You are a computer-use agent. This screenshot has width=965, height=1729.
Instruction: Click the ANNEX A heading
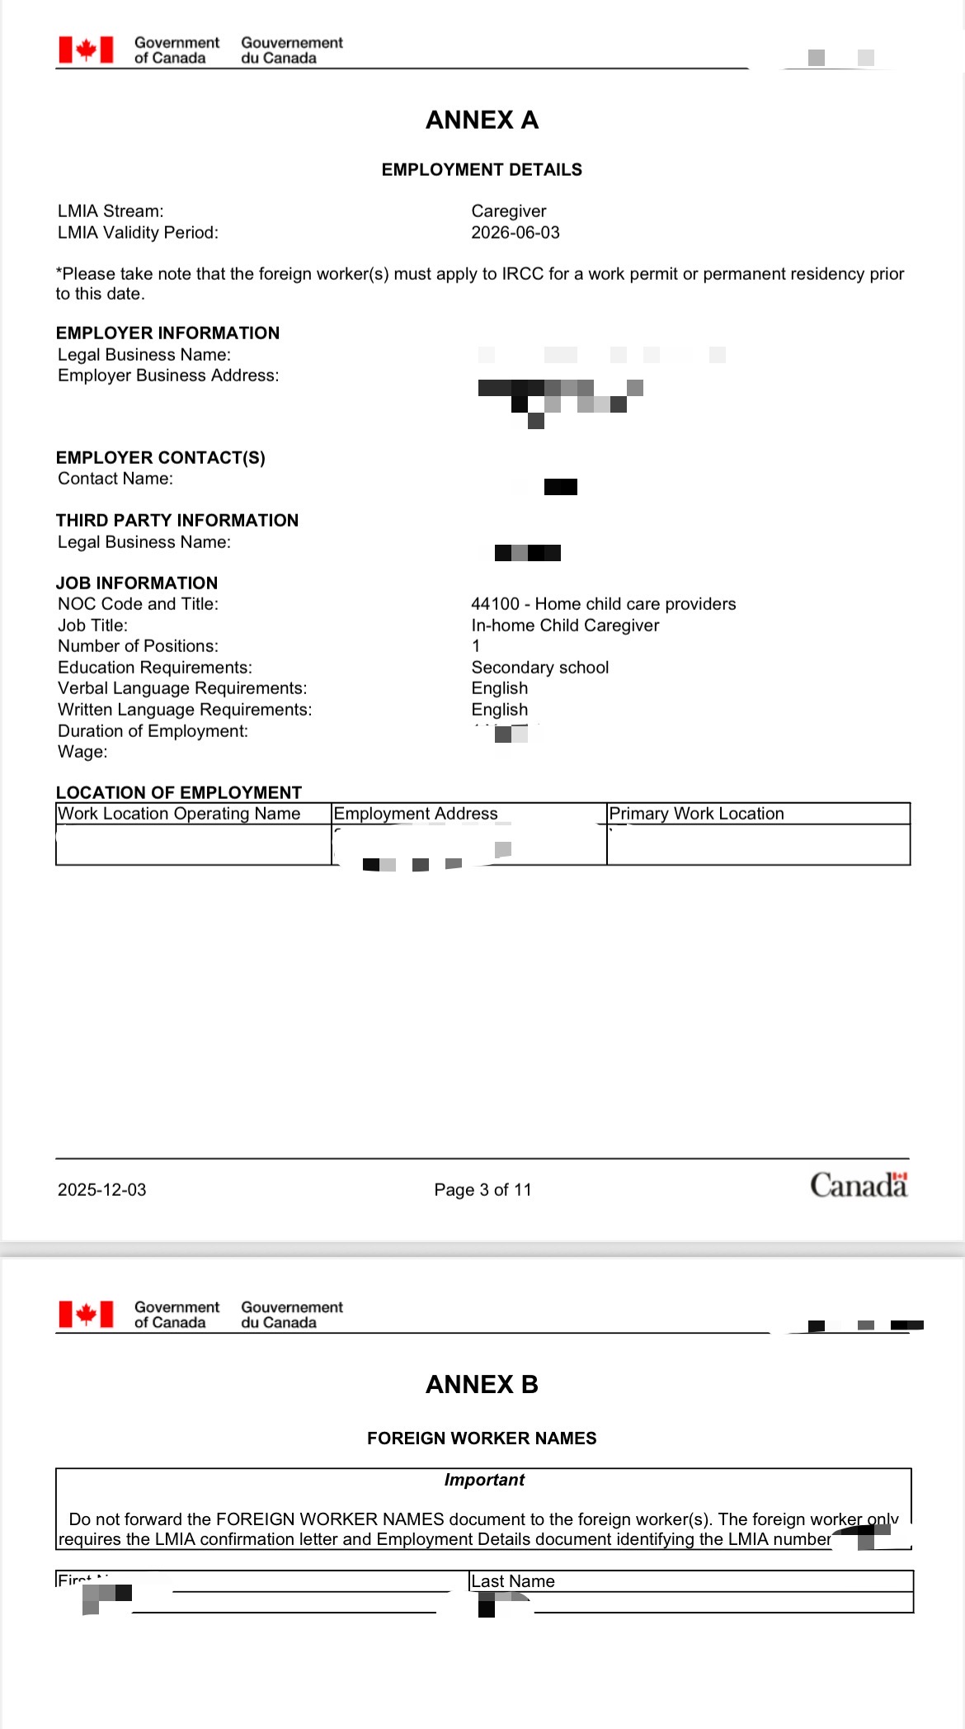pos(482,120)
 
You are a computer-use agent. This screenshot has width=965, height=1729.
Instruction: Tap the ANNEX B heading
pos(482,1384)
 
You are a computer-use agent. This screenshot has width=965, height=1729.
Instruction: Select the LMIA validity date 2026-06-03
pos(515,233)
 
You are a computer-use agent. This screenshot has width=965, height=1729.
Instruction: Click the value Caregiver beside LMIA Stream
pos(508,211)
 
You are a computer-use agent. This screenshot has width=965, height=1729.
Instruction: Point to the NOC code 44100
pos(495,604)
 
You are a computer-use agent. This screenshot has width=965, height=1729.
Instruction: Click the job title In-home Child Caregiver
pos(565,626)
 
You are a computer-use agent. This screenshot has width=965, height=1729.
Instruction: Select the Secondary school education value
pos(539,668)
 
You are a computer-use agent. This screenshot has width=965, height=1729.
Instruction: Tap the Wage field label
pos(82,752)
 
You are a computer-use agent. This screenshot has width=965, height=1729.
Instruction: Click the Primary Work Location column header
pos(696,814)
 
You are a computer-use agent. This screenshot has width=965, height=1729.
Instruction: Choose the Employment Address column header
pos(416,814)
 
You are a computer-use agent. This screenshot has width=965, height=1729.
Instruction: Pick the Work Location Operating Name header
pos(179,814)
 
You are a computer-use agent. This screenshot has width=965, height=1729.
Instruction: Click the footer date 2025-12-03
pos(101,1190)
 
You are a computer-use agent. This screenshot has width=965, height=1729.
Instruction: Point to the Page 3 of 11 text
pos(482,1190)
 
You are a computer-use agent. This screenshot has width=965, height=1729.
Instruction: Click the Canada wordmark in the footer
pos(858,1186)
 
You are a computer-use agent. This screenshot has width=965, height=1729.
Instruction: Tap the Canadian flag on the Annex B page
pos(86,1314)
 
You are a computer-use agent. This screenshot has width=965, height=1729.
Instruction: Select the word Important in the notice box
pos(484,1480)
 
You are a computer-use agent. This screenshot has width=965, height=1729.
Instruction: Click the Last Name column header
pos(513,1581)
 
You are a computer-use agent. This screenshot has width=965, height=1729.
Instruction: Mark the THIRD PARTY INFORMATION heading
pos(177,521)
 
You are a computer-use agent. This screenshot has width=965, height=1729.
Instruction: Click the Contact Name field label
pos(115,479)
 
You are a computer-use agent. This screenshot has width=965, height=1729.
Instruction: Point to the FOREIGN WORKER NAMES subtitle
pos(482,1438)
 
